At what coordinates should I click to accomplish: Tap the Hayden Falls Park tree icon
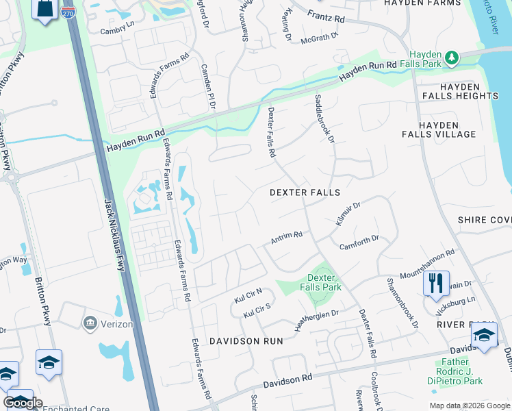[x=451, y=58]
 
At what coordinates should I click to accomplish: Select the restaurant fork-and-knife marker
[x=436, y=283]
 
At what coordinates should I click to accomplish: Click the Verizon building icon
[x=89, y=322]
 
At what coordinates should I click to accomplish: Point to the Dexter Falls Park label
[x=320, y=282]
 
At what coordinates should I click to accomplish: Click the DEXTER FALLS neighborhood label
[x=305, y=193]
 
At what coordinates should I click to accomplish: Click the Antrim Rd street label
[x=286, y=238]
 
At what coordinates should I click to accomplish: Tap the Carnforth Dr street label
[x=358, y=242]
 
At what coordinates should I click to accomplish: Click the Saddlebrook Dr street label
[x=324, y=119]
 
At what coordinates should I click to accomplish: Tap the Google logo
[x=23, y=402]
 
